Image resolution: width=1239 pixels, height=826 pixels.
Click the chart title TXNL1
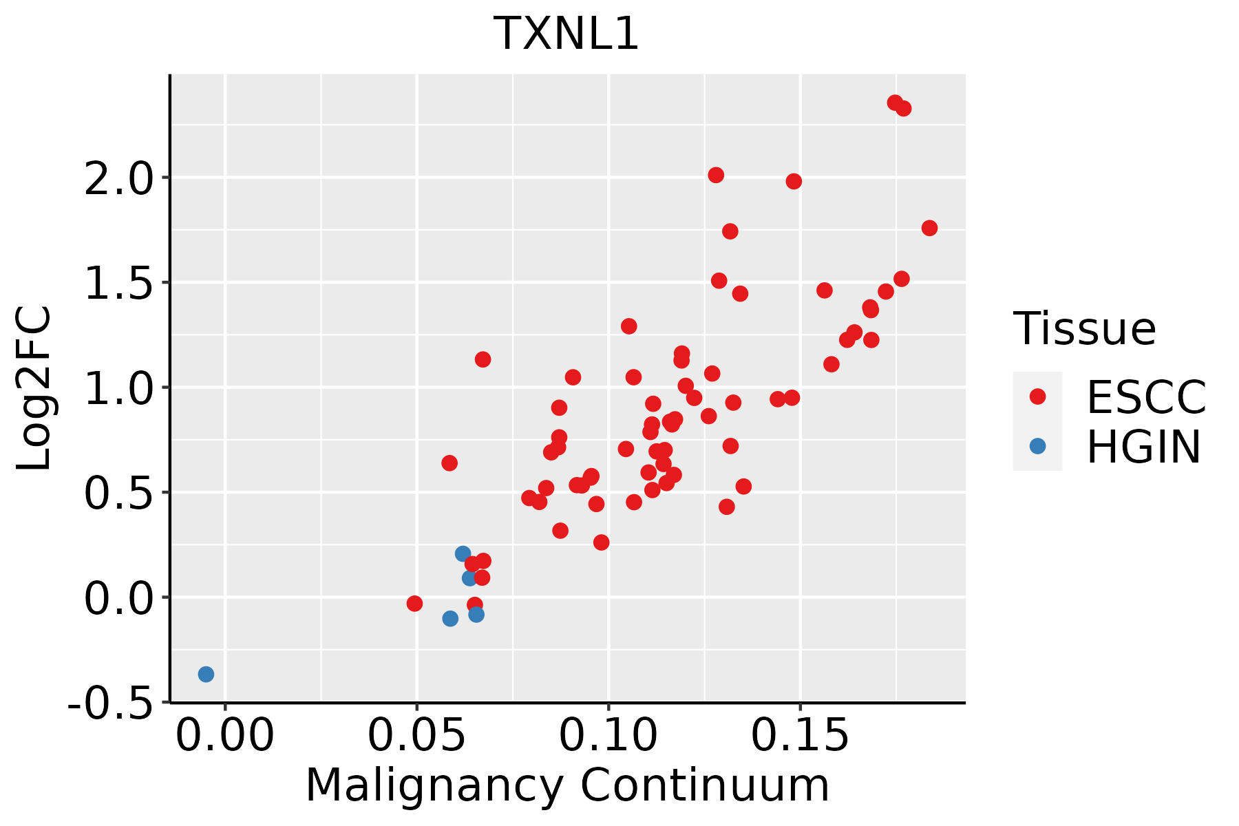[566, 34]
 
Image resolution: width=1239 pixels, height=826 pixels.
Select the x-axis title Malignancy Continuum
[567, 785]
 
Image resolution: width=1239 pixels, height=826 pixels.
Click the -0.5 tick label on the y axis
[110, 703]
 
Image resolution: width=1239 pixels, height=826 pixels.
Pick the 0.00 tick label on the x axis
[225, 735]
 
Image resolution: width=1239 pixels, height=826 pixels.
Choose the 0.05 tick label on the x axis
[416, 735]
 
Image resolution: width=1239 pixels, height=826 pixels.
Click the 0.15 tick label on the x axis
[800, 735]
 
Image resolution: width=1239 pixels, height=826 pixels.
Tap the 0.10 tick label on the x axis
[608, 735]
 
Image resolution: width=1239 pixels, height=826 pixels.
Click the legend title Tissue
[1085, 328]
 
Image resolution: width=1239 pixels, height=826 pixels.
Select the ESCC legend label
[1146, 397]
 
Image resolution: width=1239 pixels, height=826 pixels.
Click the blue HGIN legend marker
[1037, 446]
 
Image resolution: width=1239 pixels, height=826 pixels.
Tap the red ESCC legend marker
[1037, 396]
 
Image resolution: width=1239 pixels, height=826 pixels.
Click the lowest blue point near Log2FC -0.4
[206, 675]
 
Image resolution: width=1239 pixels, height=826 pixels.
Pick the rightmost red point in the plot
[929, 229]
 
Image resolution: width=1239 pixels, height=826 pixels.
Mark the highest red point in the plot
[895, 103]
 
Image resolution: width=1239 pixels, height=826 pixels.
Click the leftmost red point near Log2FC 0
[414, 604]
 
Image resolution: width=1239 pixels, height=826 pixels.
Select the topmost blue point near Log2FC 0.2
[463, 554]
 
